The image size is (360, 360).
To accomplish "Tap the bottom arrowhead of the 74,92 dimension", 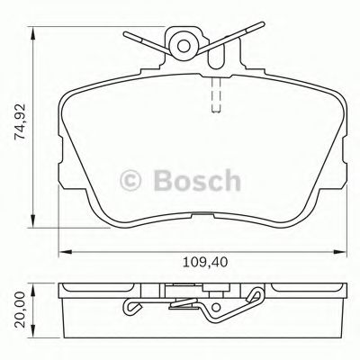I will click(34, 223).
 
